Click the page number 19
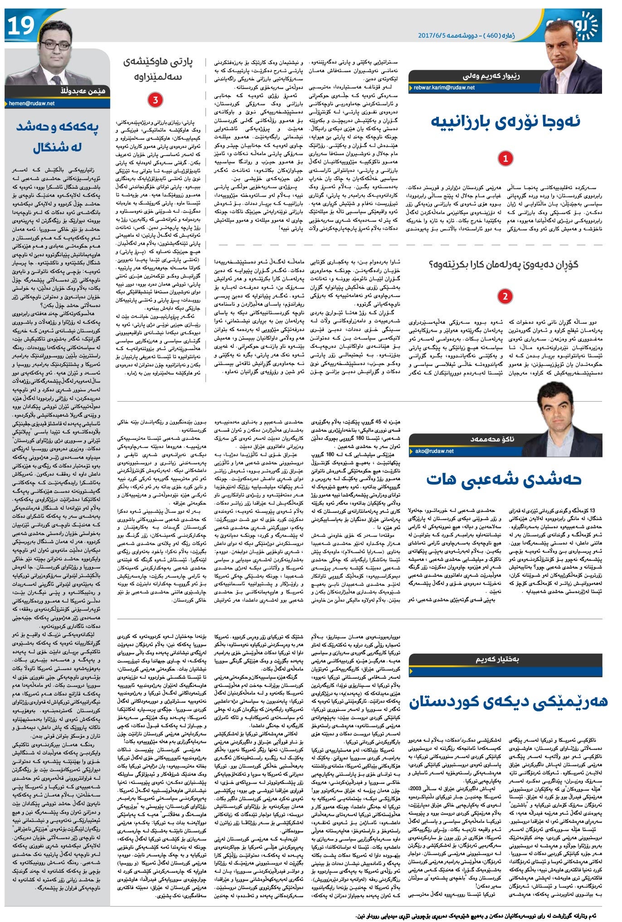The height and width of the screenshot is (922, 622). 21,26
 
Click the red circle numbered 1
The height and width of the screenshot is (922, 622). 505,158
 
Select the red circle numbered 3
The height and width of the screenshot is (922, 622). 155,100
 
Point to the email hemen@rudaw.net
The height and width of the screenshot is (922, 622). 32,103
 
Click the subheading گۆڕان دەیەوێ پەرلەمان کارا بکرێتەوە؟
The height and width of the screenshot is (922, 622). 503,265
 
